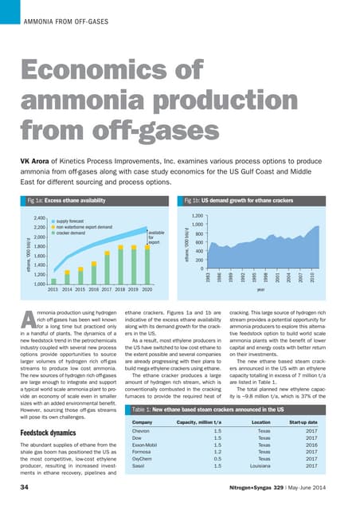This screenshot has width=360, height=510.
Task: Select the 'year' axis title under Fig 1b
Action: pos(262,290)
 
